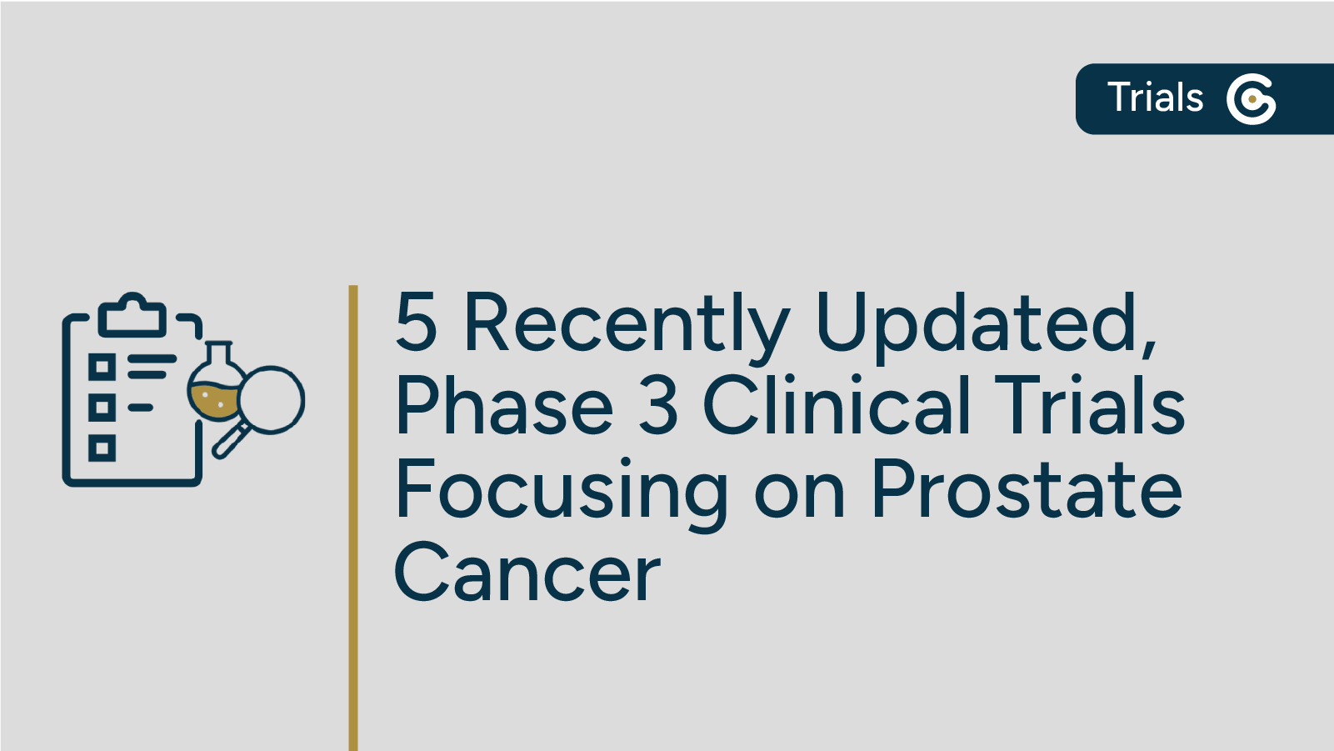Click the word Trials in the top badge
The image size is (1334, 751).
[1155, 98]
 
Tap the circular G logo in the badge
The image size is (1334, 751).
[1251, 98]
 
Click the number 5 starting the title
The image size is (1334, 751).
[416, 323]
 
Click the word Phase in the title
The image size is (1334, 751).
[504, 406]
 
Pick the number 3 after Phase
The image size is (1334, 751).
[658, 406]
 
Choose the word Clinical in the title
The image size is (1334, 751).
[837, 406]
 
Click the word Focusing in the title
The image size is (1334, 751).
[561, 491]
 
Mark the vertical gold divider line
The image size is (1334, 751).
[353, 517]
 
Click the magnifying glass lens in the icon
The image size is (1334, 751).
[272, 399]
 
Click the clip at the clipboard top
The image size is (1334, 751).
[132, 314]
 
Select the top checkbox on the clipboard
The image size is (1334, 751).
[102, 366]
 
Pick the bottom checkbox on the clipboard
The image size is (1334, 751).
[102, 449]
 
